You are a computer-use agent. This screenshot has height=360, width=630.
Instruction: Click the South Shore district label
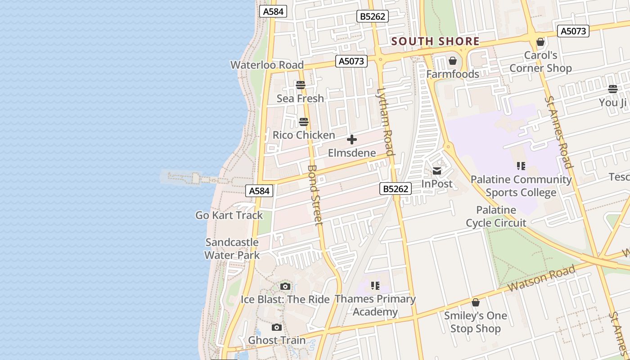click(x=435, y=41)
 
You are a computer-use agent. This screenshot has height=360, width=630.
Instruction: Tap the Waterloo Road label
click(x=267, y=65)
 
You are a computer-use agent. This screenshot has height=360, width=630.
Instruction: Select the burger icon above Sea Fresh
click(x=301, y=85)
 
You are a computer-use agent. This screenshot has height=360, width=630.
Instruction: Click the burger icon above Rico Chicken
click(x=304, y=122)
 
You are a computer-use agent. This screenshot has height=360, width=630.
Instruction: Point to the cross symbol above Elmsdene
click(x=352, y=139)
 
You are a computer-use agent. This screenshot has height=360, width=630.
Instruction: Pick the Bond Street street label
click(x=315, y=194)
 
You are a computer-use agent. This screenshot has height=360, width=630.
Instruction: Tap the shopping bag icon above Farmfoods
click(x=453, y=61)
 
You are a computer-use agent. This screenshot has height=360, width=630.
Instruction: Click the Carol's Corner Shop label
click(x=540, y=62)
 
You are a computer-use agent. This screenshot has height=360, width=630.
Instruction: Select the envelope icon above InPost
click(x=437, y=171)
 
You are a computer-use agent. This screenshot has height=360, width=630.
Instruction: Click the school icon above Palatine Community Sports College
click(x=521, y=166)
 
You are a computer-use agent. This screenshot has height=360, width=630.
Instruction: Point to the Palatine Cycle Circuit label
click(x=496, y=216)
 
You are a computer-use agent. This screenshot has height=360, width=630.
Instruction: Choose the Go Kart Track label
click(x=229, y=215)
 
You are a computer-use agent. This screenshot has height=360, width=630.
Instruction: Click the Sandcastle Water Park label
click(x=232, y=249)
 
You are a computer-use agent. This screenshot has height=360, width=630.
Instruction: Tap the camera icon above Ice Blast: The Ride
click(x=285, y=286)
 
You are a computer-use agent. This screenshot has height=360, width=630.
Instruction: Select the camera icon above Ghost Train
click(x=277, y=327)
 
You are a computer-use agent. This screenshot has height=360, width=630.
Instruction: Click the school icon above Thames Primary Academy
click(x=375, y=285)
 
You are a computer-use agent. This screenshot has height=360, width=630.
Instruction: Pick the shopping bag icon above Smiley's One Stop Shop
click(x=476, y=302)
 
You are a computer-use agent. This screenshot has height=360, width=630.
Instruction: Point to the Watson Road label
click(x=542, y=278)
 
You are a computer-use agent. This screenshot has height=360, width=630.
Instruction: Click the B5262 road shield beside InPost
click(x=396, y=189)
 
